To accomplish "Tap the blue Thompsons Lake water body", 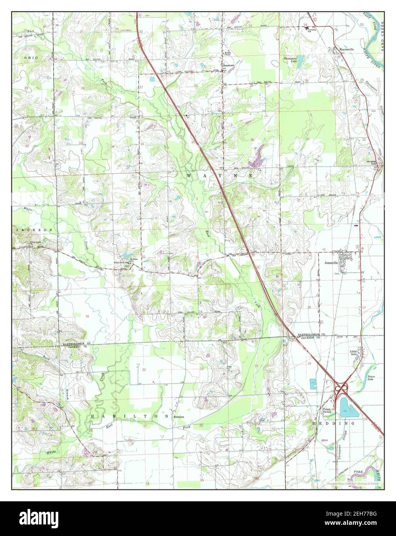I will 301,59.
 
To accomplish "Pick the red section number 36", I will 252,140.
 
